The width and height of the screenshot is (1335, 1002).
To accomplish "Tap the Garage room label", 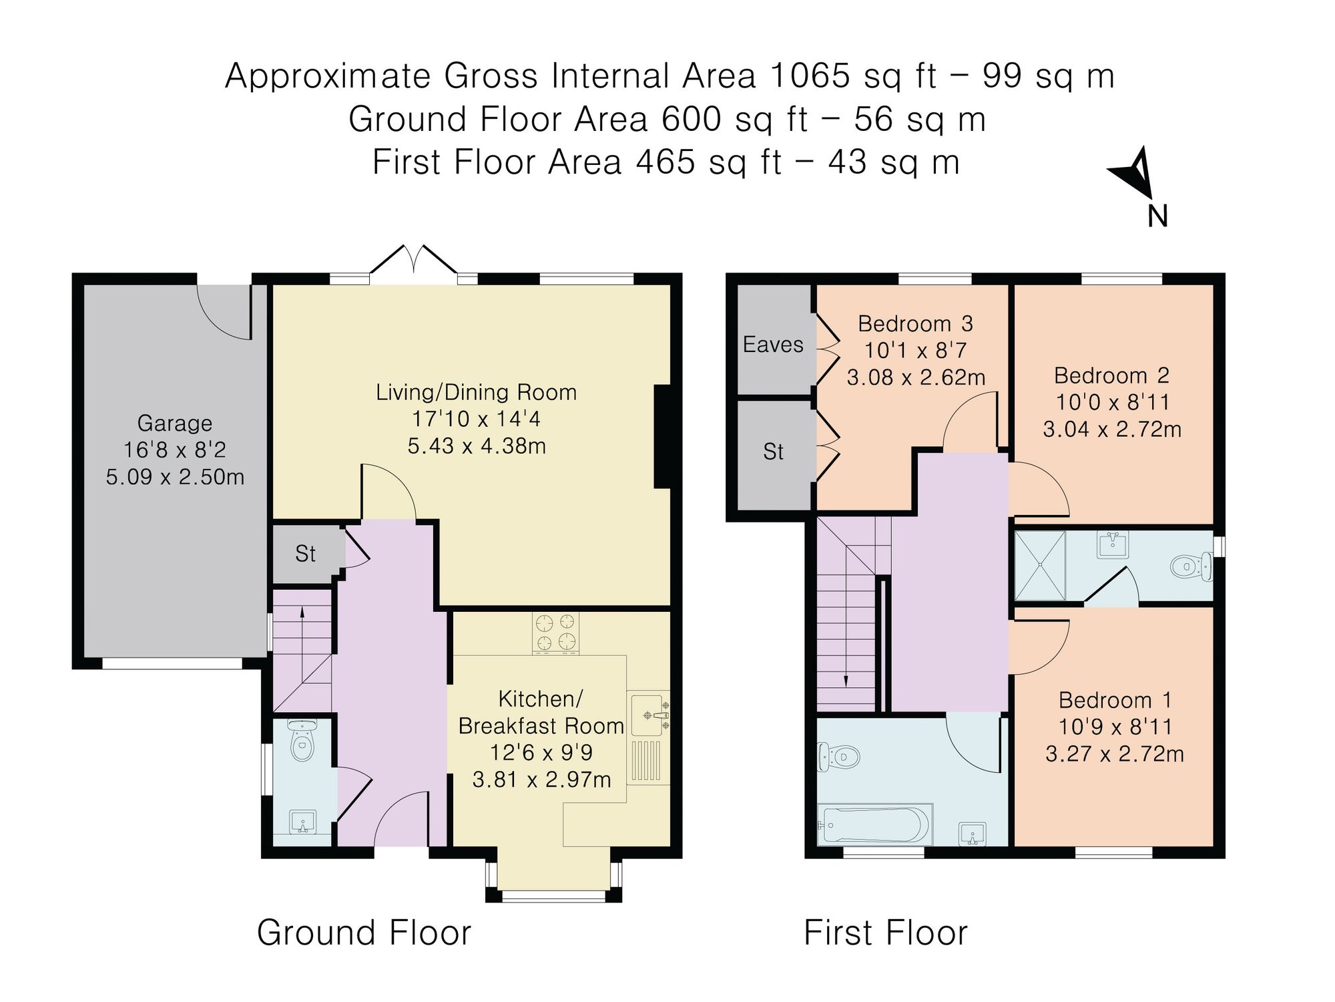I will (x=175, y=424).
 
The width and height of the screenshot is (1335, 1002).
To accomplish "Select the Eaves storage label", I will (x=773, y=345).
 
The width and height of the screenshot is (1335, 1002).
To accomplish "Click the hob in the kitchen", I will (x=555, y=632).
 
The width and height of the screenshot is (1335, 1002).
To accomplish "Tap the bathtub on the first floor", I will (x=875, y=824).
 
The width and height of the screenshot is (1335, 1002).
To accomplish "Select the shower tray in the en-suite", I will (x=1040, y=566).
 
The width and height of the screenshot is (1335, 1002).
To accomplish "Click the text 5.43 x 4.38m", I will (x=477, y=446).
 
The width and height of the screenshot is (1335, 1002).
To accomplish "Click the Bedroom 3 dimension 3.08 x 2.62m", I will (x=916, y=377).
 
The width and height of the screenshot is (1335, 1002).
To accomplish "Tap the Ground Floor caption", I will (x=364, y=933).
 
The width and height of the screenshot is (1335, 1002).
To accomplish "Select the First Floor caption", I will (x=885, y=933).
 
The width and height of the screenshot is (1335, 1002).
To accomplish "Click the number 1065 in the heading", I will (x=810, y=75).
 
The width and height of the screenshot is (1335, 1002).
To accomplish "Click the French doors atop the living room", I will (x=415, y=261).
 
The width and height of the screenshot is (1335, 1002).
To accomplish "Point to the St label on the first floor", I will (x=773, y=452).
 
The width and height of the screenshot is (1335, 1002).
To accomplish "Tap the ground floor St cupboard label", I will (x=305, y=554).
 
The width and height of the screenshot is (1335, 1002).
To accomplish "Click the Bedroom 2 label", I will (x=1111, y=375).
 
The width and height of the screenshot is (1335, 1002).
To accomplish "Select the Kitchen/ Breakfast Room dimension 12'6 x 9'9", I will (x=541, y=753).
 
